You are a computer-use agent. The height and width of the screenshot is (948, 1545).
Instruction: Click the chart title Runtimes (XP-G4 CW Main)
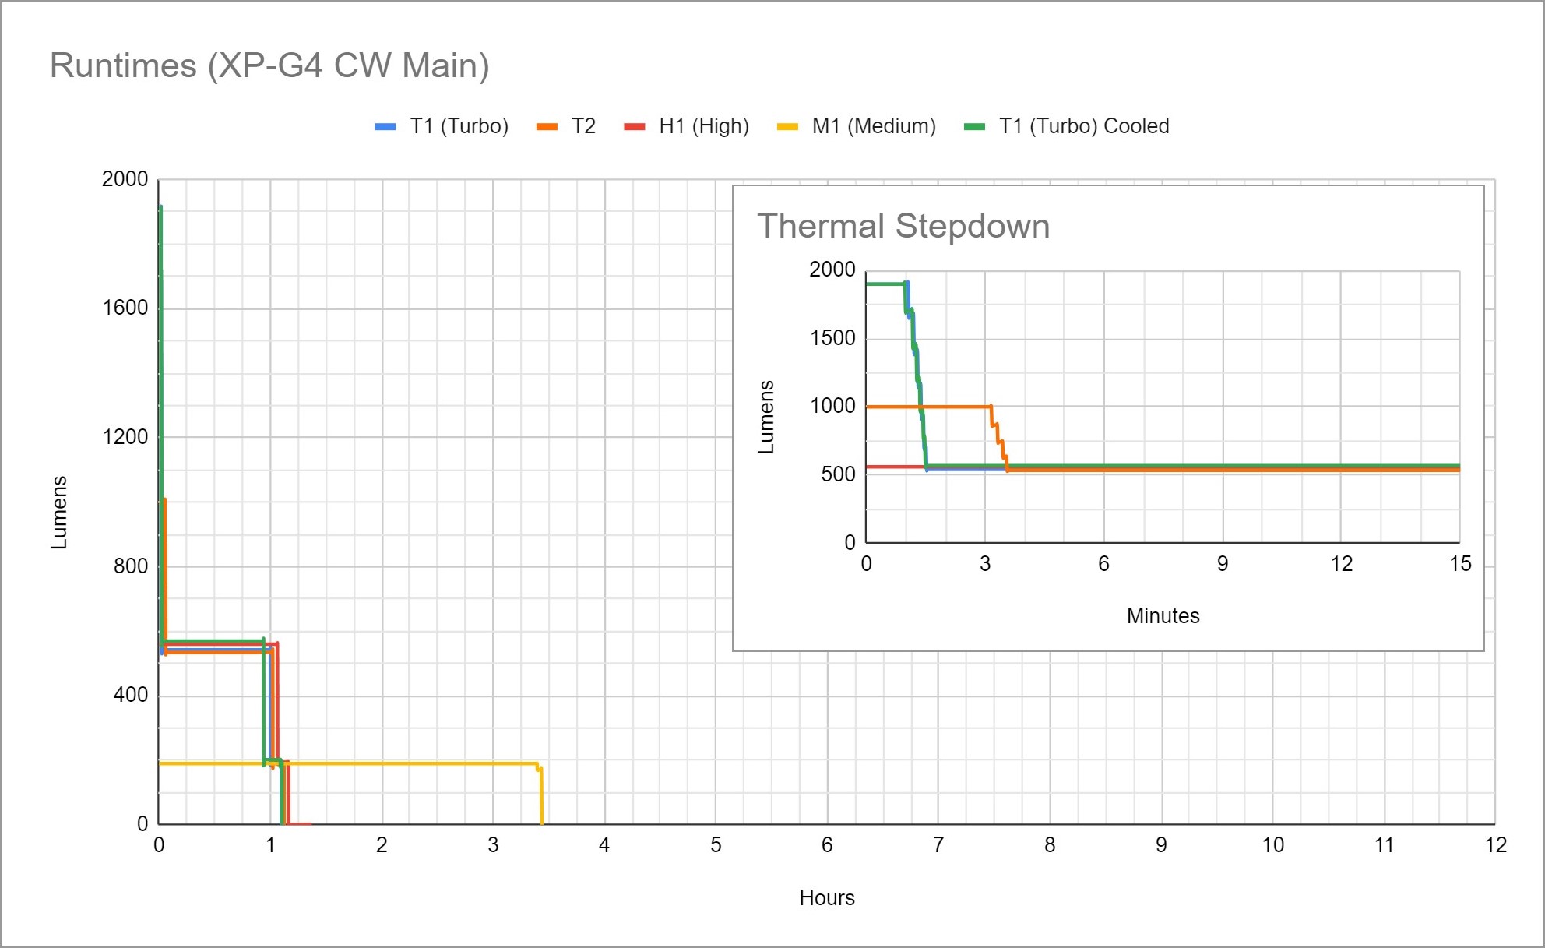click(x=269, y=65)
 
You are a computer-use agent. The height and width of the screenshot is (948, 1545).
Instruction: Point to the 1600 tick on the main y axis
click(x=125, y=308)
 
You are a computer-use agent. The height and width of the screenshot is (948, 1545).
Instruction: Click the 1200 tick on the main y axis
click(x=125, y=437)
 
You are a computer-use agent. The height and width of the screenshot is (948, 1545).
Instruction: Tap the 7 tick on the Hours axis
click(x=938, y=845)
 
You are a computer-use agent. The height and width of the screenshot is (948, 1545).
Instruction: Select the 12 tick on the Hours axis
click(x=1495, y=845)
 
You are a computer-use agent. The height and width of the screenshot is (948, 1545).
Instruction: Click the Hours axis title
click(x=827, y=898)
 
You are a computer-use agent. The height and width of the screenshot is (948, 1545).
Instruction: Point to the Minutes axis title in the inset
click(x=1163, y=616)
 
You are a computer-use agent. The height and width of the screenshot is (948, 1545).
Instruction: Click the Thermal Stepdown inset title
click(x=903, y=226)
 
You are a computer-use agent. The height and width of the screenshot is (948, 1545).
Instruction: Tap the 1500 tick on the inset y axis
click(x=832, y=338)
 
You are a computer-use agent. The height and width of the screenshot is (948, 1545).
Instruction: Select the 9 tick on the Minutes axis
click(x=1223, y=564)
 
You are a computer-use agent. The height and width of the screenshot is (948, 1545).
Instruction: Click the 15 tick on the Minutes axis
click(x=1460, y=564)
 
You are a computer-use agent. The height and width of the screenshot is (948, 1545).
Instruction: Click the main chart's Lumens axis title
click(x=59, y=512)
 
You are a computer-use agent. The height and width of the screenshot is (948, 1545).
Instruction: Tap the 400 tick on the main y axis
click(x=130, y=695)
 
